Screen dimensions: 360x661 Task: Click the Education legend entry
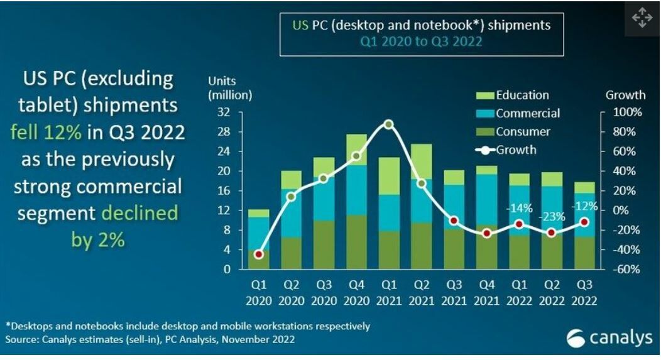[513, 95]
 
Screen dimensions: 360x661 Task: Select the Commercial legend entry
[518, 114]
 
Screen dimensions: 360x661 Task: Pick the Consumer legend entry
[513, 132]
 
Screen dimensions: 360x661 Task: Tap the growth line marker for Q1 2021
[389, 124]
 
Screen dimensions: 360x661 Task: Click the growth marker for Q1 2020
[258, 254]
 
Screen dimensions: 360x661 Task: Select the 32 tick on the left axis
[223, 112]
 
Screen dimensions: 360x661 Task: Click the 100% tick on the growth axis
[628, 112]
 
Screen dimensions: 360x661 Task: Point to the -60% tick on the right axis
[628, 269]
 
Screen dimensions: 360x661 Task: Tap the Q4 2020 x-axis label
[356, 293]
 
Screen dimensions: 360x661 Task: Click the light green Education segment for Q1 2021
[389, 176]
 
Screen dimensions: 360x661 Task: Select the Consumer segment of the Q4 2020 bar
[356, 242]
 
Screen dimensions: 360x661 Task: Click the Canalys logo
[609, 339]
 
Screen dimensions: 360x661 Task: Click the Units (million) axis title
[231, 89]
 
